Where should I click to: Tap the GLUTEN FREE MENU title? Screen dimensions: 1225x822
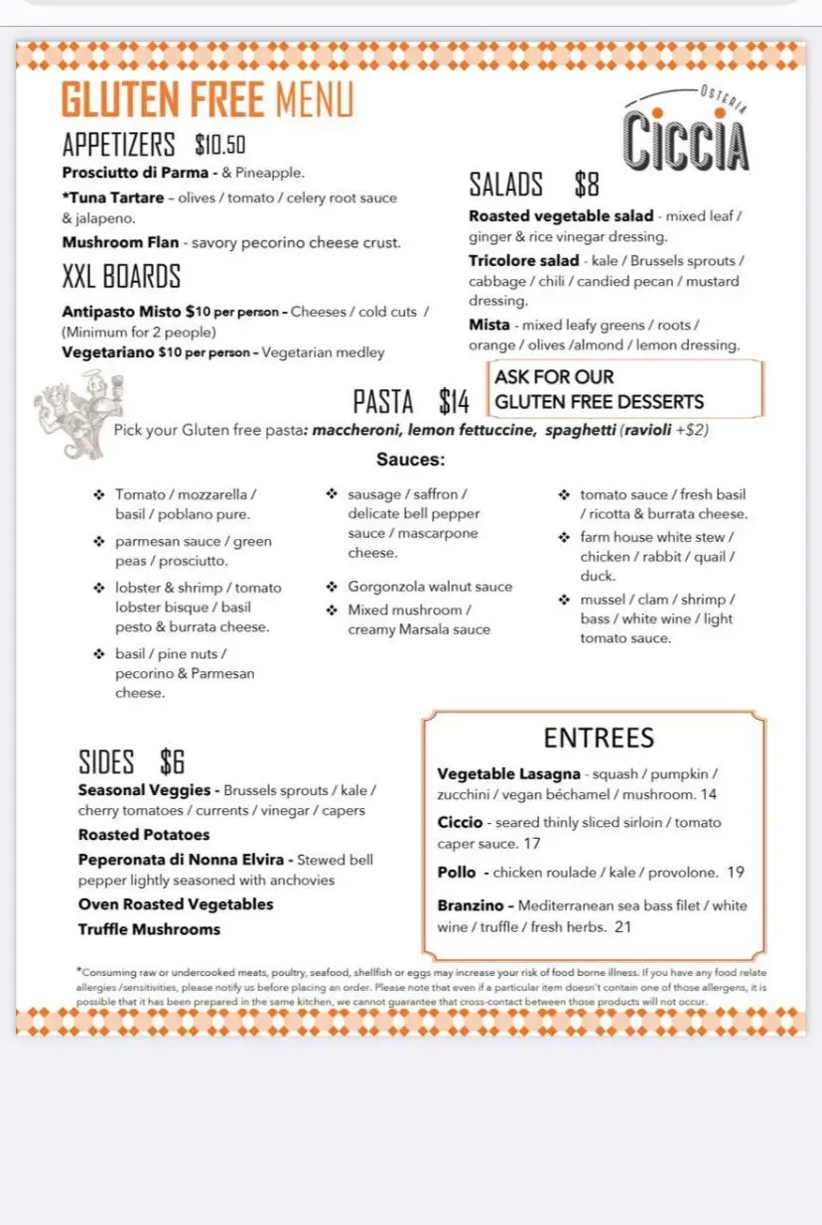[x=206, y=100]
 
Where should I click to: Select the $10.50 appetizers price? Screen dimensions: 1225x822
[x=220, y=145]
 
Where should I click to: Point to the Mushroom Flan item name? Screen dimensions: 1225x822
[x=120, y=242]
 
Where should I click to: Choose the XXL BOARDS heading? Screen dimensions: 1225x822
[x=121, y=276]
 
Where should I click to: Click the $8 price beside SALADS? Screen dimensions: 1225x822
[x=587, y=185]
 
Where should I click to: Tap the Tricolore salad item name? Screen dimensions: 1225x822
[x=523, y=261]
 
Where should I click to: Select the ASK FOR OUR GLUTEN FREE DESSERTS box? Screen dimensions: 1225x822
[x=625, y=389]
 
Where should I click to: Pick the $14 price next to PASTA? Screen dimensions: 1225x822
[x=454, y=402]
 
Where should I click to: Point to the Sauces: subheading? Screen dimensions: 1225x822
[x=410, y=460]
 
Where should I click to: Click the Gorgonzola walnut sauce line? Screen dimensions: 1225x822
[x=430, y=587]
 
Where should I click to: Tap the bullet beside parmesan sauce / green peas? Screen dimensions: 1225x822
[x=98, y=542]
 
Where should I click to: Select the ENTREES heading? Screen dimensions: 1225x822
[x=599, y=738]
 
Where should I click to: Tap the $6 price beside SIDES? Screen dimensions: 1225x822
[x=172, y=762]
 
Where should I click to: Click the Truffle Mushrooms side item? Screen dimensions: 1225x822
[x=149, y=929]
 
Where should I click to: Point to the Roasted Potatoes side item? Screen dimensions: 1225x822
[x=144, y=835]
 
